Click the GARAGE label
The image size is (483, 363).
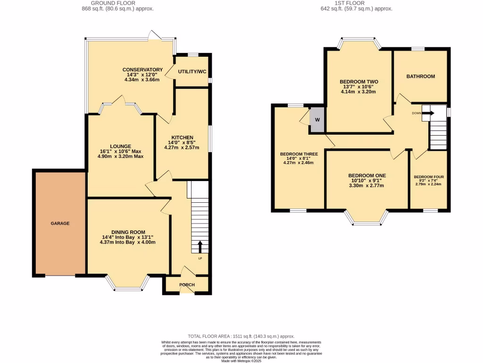[x=60, y=223]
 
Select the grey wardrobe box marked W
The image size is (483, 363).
[x=317, y=119]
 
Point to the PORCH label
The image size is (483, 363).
[x=187, y=285]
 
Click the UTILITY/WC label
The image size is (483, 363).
[x=192, y=72]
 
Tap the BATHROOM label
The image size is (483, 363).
[x=420, y=76]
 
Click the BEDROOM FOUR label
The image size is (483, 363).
[x=429, y=177]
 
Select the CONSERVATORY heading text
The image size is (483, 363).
[x=142, y=69]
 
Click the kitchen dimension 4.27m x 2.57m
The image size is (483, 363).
[x=182, y=147]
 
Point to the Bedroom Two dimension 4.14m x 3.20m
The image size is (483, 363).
[x=358, y=92]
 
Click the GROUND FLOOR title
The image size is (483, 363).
[x=117, y=3]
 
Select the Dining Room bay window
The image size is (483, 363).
[x=128, y=284]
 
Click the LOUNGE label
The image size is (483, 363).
[x=120, y=146]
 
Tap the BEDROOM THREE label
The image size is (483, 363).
[x=299, y=154]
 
